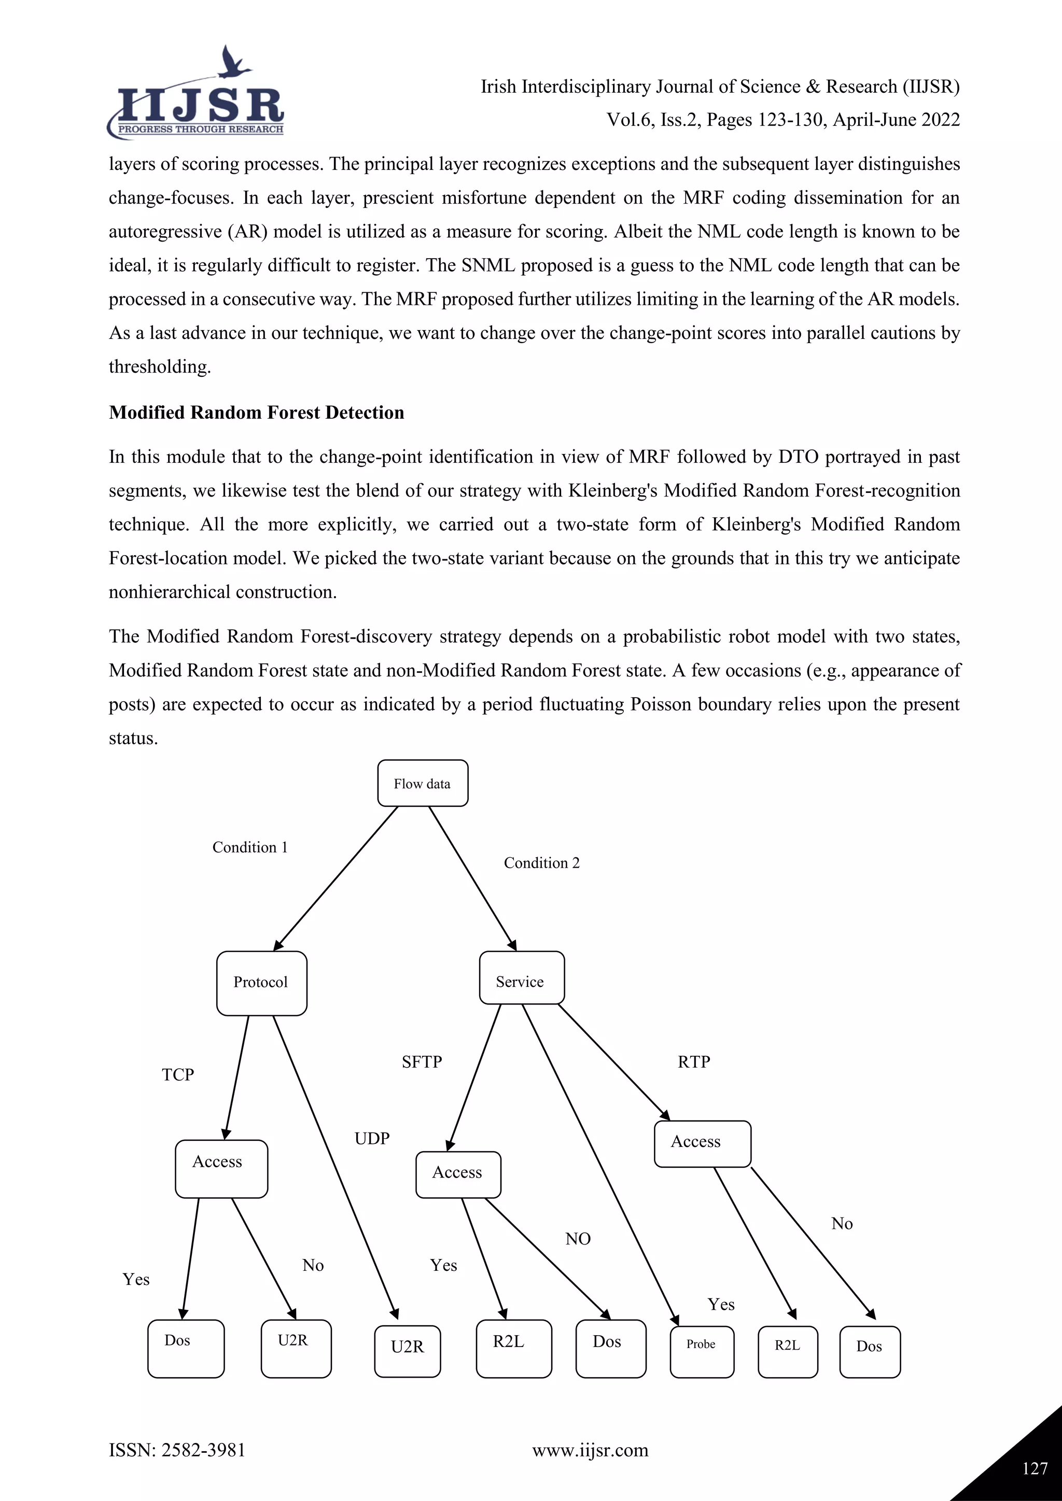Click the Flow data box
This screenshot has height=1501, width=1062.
tap(423, 783)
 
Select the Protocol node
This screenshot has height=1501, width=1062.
tap(261, 983)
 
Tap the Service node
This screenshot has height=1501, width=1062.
tap(521, 978)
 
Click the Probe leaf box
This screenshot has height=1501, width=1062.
tap(702, 1351)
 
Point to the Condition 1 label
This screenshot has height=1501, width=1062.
tap(250, 847)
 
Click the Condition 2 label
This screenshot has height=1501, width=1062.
tap(541, 863)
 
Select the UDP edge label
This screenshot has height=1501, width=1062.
tap(372, 1138)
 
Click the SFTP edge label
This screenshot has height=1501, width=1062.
tap(422, 1061)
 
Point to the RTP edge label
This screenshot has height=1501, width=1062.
tap(693, 1061)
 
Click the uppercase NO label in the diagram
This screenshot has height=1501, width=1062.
tap(578, 1239)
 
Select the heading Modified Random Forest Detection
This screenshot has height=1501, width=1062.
tap(256, 413)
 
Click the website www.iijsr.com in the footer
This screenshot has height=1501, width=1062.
tap(590, 1450)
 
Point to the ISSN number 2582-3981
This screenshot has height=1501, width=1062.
tap(203, 1450)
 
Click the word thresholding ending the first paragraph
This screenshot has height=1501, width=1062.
tap(160, 367)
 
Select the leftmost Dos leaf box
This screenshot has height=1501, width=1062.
tap(186, 1348)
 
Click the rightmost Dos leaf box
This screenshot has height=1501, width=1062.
tap(869, 1351)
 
